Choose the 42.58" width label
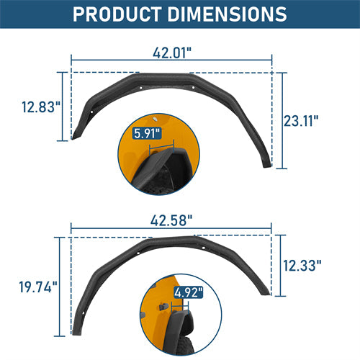(171, 219)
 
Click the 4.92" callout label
(187, 292)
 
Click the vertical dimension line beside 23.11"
(281, 121)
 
